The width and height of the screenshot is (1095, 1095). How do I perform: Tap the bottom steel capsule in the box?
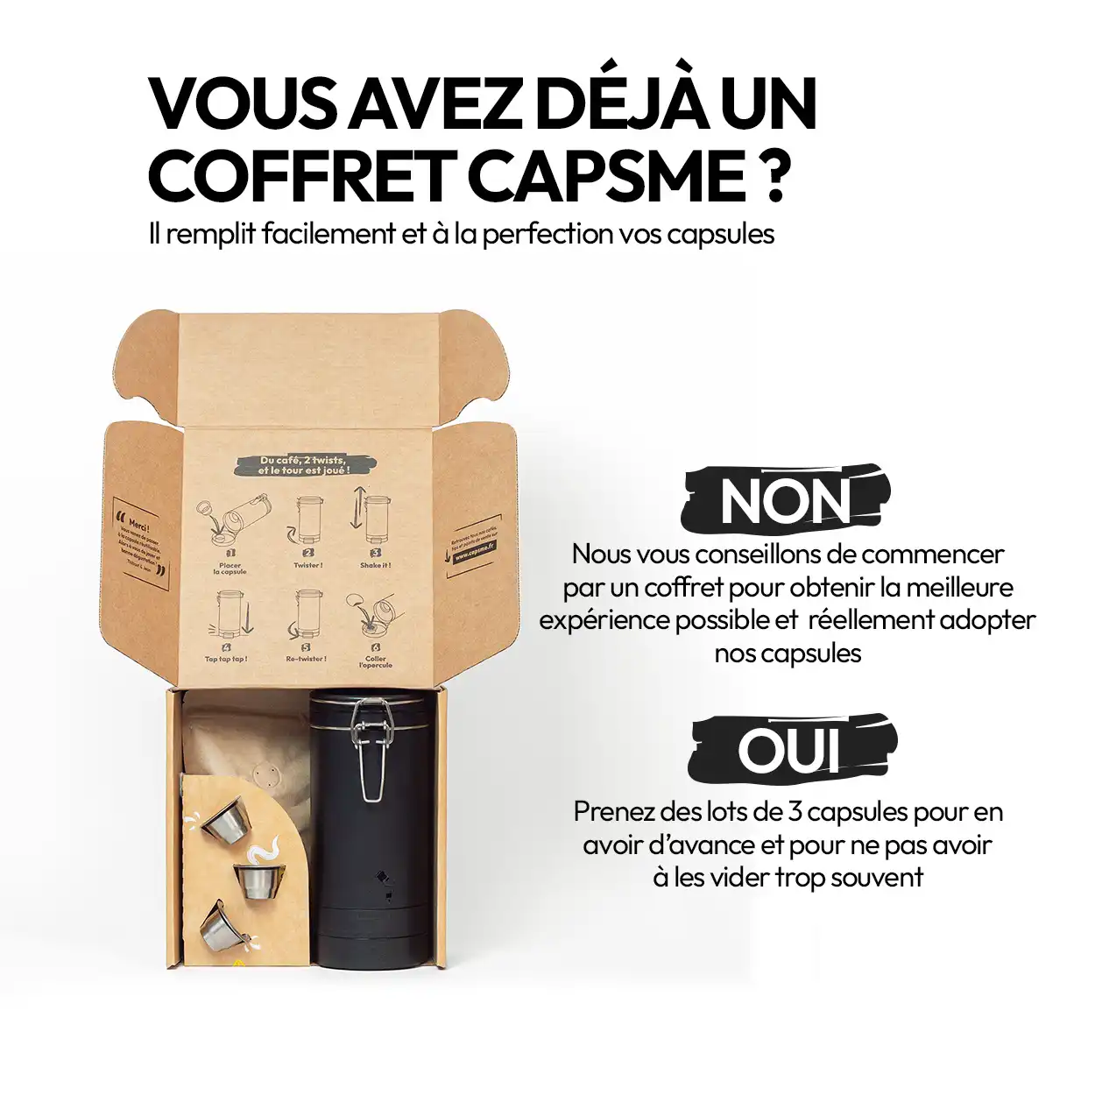click(219, 927)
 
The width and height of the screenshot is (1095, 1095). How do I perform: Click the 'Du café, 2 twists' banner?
click(303, 465)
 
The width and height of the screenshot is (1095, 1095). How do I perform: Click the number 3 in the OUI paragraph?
click(795, 812)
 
